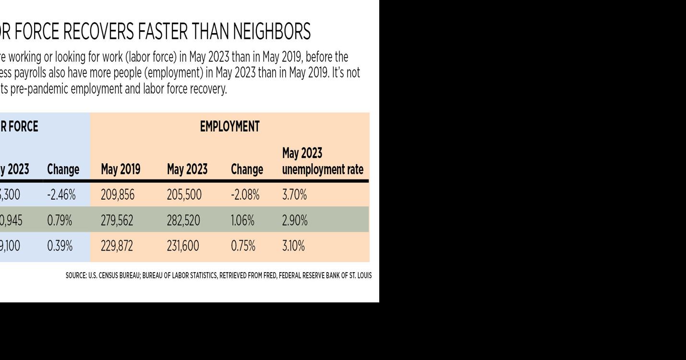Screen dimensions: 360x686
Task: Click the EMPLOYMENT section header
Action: (x=229, y=127)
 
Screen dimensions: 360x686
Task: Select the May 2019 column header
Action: (x=120, y=169)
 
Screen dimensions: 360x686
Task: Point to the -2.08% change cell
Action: (x=245, y=195)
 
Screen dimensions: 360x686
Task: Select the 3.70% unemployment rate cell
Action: (x=294, y=195)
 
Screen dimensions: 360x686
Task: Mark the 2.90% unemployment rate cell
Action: (x=294, y=220)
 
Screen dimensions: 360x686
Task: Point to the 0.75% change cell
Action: (x=243, y=246)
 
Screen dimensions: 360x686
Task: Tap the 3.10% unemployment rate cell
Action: (x=293, y=246)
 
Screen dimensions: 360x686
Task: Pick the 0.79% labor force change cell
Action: (x=60, y=220)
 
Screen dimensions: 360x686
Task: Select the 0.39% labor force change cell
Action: (x=60, y=246)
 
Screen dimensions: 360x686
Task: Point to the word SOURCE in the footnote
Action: (x=76, y=276)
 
